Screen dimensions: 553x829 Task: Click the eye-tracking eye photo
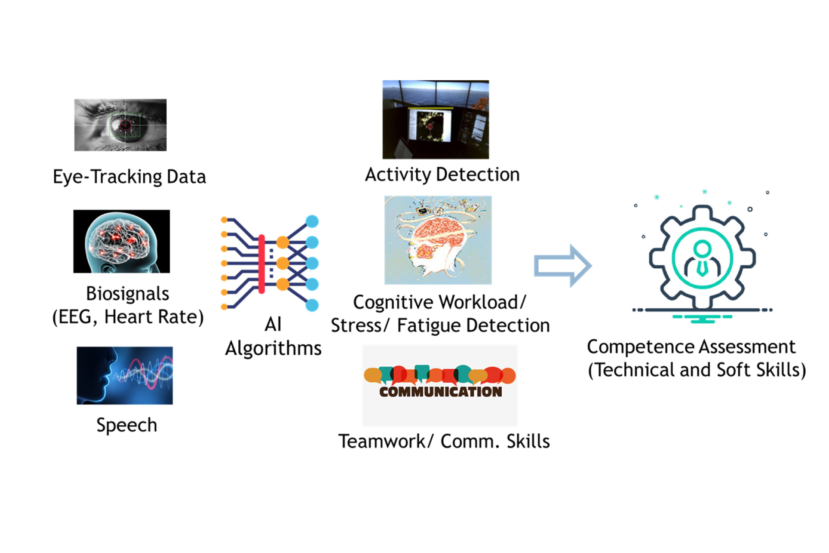coord(120,125)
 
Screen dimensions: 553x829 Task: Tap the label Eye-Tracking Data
coord(129,177)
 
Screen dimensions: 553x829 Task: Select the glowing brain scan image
coord(121,241)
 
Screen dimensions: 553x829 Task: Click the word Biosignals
coord(127,294)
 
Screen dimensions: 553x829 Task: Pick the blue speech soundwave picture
coord(124,375)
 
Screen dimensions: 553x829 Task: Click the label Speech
coord(127,425)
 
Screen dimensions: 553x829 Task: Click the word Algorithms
coord(273,348)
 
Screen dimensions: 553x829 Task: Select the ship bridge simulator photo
coord(435,119)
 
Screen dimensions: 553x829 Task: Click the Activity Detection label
coord(442,175)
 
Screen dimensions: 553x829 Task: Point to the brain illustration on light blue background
coord(438,240)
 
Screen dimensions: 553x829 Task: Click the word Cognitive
coord(392,302)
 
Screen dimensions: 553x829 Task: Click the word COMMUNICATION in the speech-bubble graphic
coord(440,392)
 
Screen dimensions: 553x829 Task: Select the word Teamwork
coord(382,442)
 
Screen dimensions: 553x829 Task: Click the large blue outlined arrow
coord(562,266)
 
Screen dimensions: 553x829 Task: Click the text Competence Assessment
coord(691,347)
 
